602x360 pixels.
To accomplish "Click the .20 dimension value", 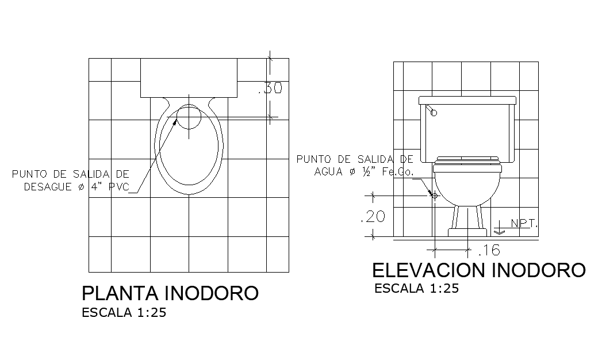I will click(x=371, y=217).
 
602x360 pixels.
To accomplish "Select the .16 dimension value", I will click(x=489, y=250).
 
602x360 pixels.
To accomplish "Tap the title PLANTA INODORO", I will click(x=170, y=293).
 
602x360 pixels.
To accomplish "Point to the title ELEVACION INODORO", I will click(x=478, y=270).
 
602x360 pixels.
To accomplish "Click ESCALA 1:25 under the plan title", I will click(x=124, y=313).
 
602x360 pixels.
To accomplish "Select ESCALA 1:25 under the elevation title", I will click(x=416, y=289).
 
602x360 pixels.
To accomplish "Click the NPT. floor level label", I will click(x=523, y=223).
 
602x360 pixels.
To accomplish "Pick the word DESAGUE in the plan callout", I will click(x=49, y=187).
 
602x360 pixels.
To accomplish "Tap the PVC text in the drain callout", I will click(x=117, y=187).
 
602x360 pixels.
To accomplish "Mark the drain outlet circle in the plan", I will click(x=188, y=117).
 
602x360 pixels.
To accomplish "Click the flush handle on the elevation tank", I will click(x=432, y=112).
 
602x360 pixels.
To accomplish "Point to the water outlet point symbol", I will click(x=435, y=196).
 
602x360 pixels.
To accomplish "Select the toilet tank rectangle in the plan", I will click(x=189, y=76).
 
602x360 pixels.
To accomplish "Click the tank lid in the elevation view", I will click(x=467, y=101).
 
